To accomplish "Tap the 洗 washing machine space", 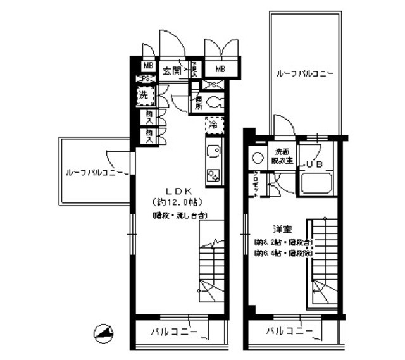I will coord(144,98).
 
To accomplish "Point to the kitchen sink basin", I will coord(213,152).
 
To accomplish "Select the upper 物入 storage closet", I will coord(149,116).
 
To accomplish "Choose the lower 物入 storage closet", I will coord(149,134).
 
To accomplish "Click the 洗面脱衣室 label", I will coord(282,155).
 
